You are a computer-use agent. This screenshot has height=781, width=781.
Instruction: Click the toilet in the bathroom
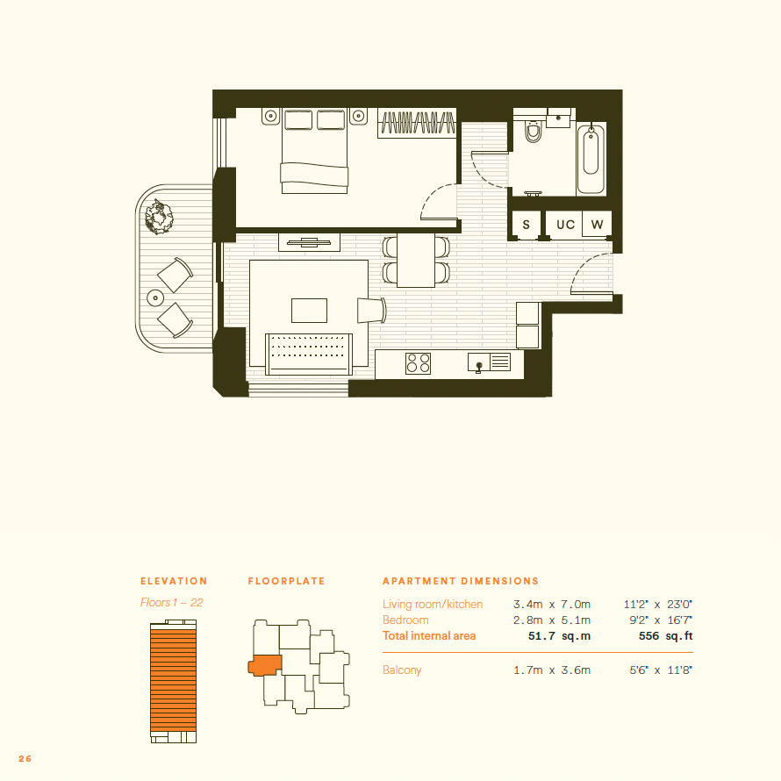533,131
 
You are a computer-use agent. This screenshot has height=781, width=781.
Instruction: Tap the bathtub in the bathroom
591,158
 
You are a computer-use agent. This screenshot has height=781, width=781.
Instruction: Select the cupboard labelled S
526,225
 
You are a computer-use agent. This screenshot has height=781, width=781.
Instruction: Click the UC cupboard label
565,225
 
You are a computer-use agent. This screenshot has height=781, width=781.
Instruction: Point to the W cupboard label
597,225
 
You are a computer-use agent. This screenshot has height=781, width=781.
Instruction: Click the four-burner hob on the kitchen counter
419,363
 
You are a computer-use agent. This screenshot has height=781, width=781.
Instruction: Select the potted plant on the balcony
159,217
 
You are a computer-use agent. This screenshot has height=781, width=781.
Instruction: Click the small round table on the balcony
155,297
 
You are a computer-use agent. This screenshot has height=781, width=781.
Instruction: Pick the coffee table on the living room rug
309,311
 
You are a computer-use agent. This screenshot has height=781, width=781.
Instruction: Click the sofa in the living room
309,355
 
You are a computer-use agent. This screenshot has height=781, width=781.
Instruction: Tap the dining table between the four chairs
416,260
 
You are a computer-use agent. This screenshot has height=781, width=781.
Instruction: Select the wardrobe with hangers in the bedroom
417,123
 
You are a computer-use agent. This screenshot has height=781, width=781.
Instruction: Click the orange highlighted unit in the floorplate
265,665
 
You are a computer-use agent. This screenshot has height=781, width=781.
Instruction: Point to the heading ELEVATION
174,581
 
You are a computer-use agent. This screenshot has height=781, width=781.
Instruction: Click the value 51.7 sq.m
559,636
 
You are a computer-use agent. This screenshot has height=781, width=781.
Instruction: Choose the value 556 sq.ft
665,636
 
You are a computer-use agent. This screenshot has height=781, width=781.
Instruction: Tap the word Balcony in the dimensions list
402,670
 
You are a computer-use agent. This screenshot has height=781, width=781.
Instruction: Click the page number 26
25,758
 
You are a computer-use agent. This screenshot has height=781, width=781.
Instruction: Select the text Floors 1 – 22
171,602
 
